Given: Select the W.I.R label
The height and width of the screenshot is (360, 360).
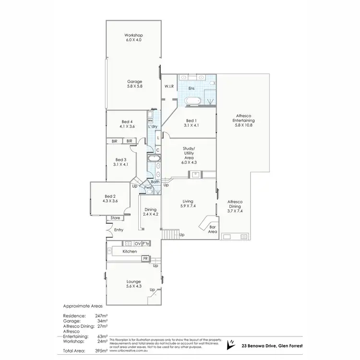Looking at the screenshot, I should click(x=168, y=86).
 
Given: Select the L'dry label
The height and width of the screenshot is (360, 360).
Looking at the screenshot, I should click(x=153, y=126).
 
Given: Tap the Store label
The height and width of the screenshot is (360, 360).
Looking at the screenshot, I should click(x=115, y=218).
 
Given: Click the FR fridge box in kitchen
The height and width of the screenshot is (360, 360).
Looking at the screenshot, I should click(x=145, y=259).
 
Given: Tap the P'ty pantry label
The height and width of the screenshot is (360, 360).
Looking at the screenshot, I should click(x=146, y=243).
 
